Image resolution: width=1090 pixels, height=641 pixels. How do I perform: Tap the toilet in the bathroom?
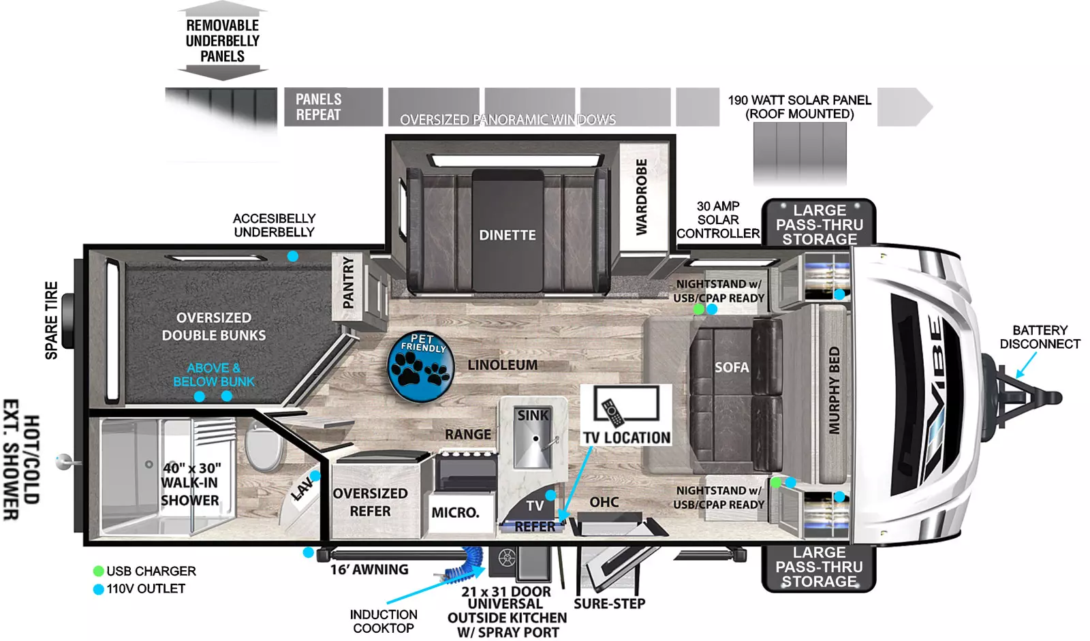tap(263, 446)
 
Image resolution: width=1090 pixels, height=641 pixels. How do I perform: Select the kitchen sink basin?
tap(534, 438)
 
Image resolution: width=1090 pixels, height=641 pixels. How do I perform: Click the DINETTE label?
tap(508, 235)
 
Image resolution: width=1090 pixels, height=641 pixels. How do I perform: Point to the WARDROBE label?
tap(642, 197)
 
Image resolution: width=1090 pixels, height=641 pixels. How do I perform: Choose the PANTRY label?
tap(348, 283)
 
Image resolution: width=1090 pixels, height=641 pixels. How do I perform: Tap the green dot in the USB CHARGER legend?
tap(98, 571)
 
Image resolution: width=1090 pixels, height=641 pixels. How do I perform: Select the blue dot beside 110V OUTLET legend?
tap(98, 589)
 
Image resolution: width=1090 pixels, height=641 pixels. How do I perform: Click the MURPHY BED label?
tap(834, 390)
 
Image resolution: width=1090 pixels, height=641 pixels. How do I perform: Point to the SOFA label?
tap(732, 367)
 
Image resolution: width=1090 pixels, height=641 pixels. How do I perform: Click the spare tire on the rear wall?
tap(67, 322)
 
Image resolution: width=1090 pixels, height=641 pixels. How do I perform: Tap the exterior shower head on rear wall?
tap(64, 461)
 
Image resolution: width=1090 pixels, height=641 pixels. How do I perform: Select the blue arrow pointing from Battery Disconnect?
tap(1026, 365)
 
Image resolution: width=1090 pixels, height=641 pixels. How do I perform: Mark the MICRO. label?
tap(456, 512)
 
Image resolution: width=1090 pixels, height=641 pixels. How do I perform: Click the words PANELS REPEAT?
tap(319, 107)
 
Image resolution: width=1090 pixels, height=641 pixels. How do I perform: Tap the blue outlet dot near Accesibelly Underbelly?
tap(292, 256)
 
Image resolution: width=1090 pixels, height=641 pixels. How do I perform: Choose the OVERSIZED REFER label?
tap(371, 502)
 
